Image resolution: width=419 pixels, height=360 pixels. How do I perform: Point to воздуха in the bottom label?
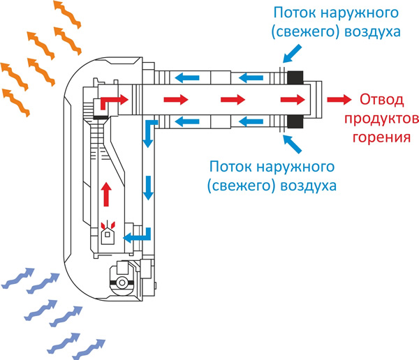pos(309,186)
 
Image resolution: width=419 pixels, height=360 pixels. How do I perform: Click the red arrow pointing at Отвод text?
pos(339,99)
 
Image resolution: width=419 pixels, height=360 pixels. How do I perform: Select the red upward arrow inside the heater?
pos(107,193)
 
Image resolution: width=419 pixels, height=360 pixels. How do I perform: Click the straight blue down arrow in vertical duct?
pos(148,187)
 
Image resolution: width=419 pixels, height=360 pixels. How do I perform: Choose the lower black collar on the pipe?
pos(295,122)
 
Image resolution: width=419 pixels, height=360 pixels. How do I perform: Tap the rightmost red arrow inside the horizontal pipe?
pos(291,99)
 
